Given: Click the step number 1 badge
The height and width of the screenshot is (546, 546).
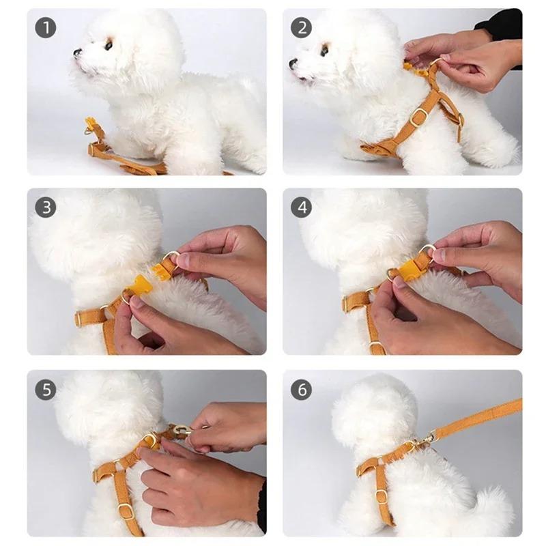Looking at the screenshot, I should point(46,27).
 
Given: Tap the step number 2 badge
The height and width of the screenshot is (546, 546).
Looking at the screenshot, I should point(301,27).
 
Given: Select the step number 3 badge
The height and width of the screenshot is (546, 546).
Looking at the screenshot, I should point(46,207).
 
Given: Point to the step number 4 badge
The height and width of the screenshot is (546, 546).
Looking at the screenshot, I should point(301,207).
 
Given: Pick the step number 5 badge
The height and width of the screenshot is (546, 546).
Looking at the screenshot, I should point(46,390).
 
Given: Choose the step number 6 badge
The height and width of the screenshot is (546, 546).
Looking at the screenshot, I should point(301,390).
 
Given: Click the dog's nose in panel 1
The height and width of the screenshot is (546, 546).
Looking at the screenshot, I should point(77,52).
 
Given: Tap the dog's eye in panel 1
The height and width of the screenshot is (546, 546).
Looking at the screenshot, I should point(108,46).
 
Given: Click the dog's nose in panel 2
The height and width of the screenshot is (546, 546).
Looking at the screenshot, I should point(293,63).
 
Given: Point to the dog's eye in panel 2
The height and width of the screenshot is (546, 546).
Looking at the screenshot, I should point(324,51).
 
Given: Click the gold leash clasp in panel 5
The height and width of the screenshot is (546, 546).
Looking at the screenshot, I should point(182,431).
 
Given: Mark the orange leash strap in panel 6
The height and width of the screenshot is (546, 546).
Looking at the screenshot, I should point(478,418).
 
